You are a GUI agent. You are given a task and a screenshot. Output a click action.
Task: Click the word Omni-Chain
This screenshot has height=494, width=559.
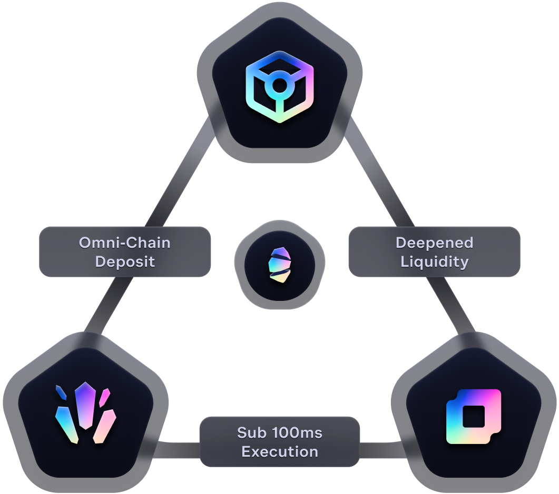(x=125, y=243)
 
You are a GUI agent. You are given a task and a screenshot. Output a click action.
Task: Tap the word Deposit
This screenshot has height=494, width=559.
(x=125, y=261)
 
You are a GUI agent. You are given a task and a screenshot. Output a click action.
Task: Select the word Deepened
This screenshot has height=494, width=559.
(x=434, y=243)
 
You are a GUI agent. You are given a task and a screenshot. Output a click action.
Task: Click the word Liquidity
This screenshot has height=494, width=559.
(x=434, y=261)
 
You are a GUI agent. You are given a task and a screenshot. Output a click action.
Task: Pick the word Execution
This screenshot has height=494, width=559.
(x=280, y=452)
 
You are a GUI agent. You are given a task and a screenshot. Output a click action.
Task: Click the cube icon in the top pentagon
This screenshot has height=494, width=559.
(x=280, y=87)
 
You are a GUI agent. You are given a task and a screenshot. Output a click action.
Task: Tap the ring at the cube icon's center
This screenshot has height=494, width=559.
(x=280, y=85)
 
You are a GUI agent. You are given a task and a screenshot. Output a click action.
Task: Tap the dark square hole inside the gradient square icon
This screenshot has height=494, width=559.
(x=473, y=417)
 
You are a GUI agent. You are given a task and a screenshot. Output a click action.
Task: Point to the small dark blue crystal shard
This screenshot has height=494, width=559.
(x=61, y=392)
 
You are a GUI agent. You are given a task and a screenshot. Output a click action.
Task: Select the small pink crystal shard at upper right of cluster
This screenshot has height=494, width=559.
(x=104, y=397)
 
